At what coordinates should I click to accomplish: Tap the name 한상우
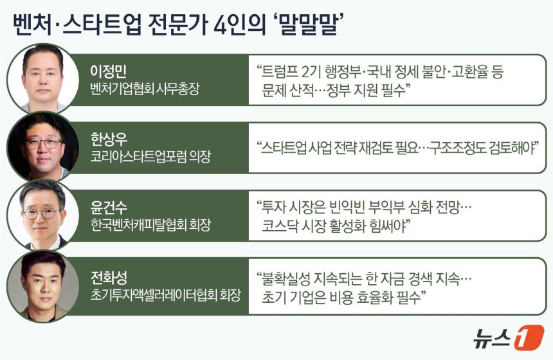pyautogui.click(x=110, y=139)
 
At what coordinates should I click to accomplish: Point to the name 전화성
pyautogui.click(x=110, y=278)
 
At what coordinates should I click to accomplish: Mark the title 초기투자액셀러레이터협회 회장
pyautogui.click(x=165, y=296)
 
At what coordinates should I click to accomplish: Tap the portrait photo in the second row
pyautogui.click(x=43, y=147)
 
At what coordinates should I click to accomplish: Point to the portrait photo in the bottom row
pyautogui.click(x=43, y=285)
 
